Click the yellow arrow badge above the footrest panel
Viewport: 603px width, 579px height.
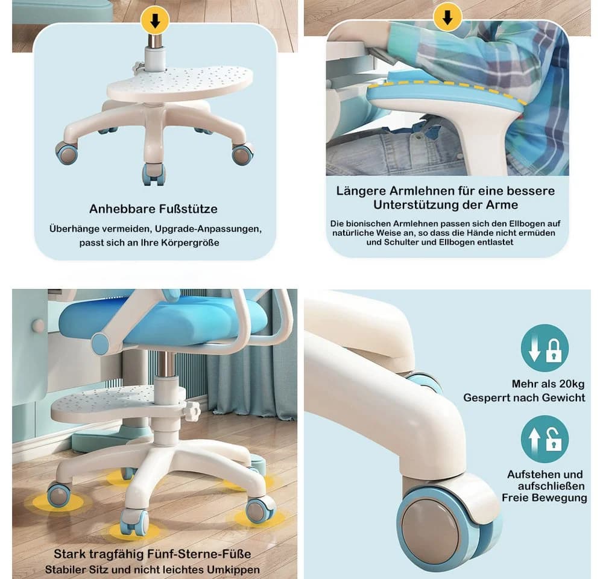click(x=154, y=21)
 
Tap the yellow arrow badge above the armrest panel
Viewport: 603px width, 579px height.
click(x=447, y=17)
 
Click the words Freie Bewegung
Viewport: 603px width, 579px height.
click(x=544, y=498)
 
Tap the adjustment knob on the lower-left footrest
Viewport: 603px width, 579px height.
click(x=191, y=412)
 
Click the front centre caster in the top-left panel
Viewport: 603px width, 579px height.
click(x=154, y=174)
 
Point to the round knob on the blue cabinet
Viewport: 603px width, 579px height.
click(x=37, y=326)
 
